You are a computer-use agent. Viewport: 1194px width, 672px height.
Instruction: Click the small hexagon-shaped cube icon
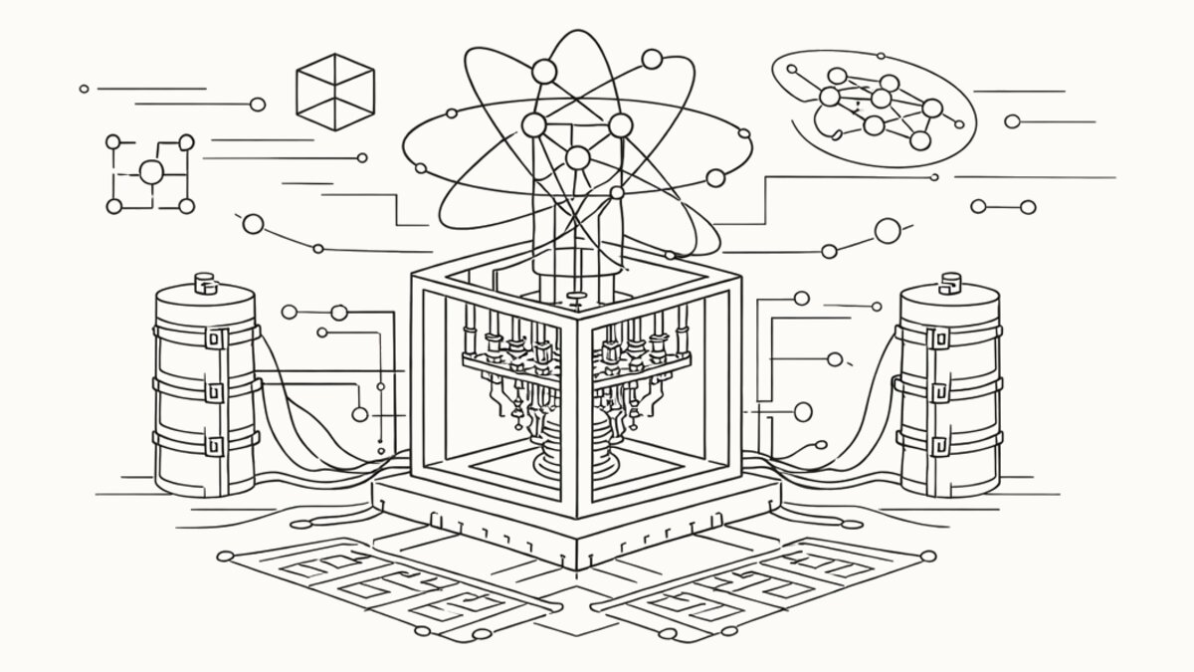335,92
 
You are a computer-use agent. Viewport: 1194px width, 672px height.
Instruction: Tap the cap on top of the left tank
205,283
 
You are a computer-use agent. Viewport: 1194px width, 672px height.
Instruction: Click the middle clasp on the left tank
210,387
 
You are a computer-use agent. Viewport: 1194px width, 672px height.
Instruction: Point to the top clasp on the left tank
210,337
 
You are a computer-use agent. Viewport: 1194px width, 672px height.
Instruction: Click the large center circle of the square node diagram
150,173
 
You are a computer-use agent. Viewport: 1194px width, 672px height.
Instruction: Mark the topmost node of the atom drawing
544,72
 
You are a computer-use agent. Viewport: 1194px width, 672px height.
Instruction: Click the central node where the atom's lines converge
576,156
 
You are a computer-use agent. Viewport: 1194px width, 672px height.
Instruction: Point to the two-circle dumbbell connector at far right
1003,207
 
